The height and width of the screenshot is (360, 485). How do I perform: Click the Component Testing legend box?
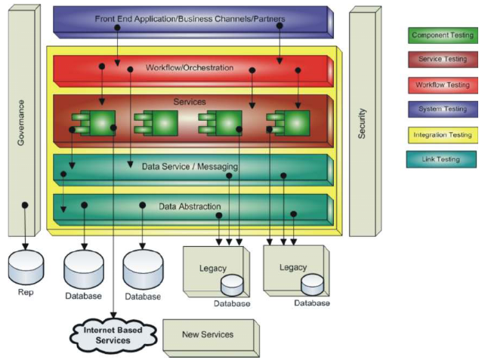(443, 35)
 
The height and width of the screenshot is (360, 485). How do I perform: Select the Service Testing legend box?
(443, 60)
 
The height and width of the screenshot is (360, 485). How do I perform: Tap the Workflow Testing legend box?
(443, 85)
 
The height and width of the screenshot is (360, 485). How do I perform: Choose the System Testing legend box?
(443, 109)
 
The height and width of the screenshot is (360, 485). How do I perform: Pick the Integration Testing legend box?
(443, 134)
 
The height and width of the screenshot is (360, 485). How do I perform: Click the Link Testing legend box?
(443, 159)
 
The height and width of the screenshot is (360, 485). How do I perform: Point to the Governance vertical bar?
(25, 121)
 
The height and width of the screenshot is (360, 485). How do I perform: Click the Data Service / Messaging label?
(190, 167)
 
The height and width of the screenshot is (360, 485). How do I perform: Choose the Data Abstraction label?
(190, 205)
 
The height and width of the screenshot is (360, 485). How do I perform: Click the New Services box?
(208, 334)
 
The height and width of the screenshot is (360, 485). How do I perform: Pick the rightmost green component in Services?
(288, 122)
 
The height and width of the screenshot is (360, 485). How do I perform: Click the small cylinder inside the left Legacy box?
(232, 285)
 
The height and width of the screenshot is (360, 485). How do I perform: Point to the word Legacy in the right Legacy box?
(292, 267)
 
